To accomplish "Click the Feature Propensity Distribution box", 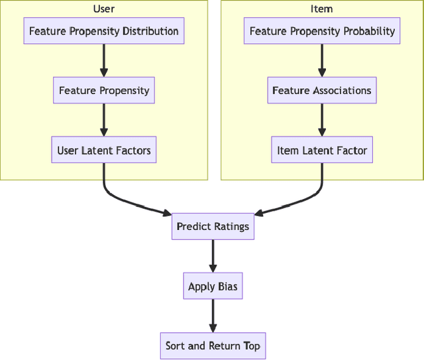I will [x=104, y=31].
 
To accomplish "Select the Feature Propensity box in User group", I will [x=104, y=90].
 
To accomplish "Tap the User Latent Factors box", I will [x=104, y=150].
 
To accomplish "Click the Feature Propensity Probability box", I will [x=322, y=31].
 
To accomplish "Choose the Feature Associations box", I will [x=322, y=90].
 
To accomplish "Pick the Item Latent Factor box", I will [x=322, y=150].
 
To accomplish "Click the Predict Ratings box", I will [x=213, y=226].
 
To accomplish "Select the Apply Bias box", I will [x=213, y=286].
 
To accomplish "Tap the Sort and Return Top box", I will [x=213, y=345].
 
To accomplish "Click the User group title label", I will [x=104, y=9].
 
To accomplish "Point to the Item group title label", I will [x=322, y=9].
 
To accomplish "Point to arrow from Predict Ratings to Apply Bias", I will [x=213, y=255].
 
